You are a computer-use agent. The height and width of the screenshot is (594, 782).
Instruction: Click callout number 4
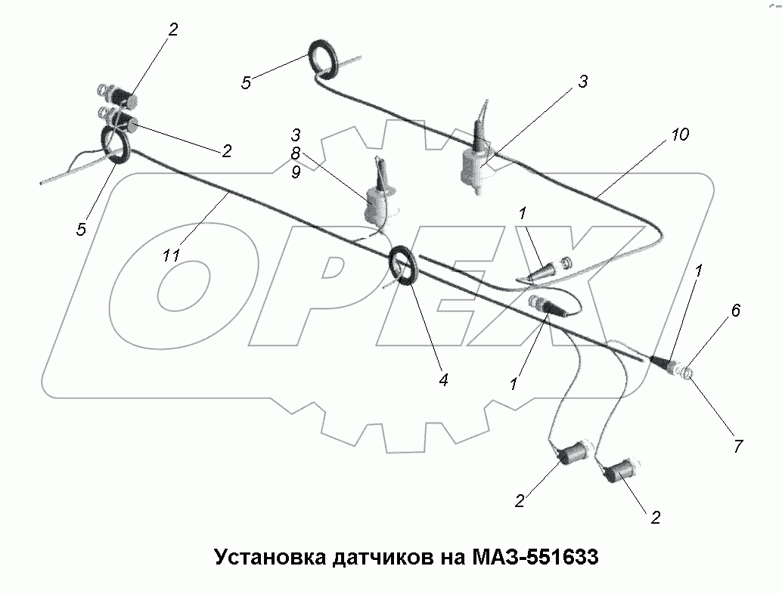pos(443,380)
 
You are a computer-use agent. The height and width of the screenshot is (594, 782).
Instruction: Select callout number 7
pos(737,446)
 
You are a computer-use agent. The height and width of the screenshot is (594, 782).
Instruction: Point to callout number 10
pos(678,135)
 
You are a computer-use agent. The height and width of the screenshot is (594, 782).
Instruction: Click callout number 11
pos(172,256)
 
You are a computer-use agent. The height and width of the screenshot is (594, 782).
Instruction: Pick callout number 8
pos(296,153)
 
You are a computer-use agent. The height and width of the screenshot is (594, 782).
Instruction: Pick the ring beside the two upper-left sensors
pos(116,144)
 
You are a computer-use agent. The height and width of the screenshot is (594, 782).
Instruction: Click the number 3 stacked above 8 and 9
pos(296,135)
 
